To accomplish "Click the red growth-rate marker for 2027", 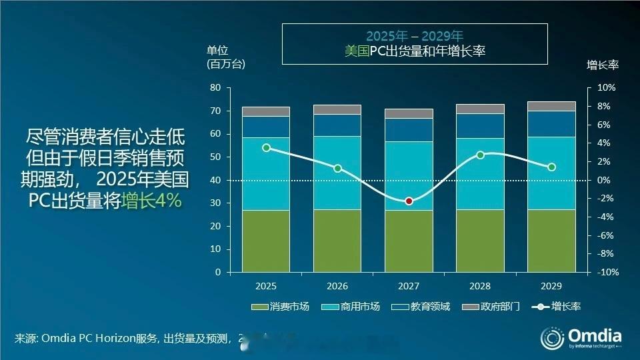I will (409, 201).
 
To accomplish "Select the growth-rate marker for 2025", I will (266, 148).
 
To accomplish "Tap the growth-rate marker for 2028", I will (480, 155).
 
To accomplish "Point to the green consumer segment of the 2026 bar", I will (337, 241).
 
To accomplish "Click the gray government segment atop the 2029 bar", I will (551, 106).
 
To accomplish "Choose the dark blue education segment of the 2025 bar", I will (266, 127).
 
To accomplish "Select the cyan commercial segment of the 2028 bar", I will (480, 173).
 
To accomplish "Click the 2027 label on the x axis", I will (409, 285).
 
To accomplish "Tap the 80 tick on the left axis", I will (215, 88).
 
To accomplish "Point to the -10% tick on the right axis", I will (606, 273).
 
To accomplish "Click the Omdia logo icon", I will (552, 338).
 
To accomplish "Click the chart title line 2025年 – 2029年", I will (414, 36).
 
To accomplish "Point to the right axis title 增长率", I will (602, 65).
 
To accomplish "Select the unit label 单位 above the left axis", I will (217, 50).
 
